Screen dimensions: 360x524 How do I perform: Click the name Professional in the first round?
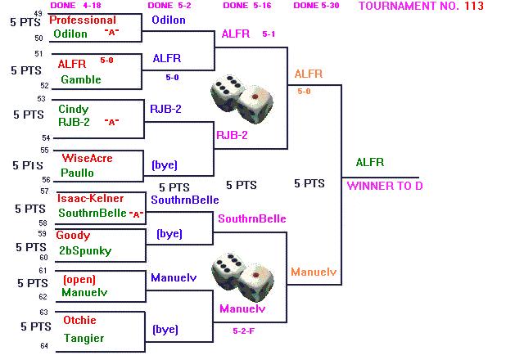[x=82, y=20]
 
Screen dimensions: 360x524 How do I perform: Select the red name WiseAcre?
[x=87, y=158]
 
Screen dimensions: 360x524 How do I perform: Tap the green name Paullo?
[x=77, y=173]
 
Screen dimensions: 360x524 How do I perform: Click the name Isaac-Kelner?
[x=90, y=198]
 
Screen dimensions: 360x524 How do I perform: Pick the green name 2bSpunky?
[x=85, y=250]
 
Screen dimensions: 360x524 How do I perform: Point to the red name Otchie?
[x=79, y=320]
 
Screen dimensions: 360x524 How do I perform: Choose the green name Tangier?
[x=84, y=338]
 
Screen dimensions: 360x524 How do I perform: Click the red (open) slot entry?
[x=79, y=279]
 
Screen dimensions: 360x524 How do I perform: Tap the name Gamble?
[x=80, y=79]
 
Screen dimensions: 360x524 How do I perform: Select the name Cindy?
[x=73, y=109]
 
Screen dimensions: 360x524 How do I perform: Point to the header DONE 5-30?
[x=317, y=6]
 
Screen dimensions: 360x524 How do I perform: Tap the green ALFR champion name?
[x=369, y=163]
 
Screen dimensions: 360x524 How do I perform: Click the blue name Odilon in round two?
[x=168, y=20]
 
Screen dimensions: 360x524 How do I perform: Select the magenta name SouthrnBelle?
[x=251, y=219]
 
